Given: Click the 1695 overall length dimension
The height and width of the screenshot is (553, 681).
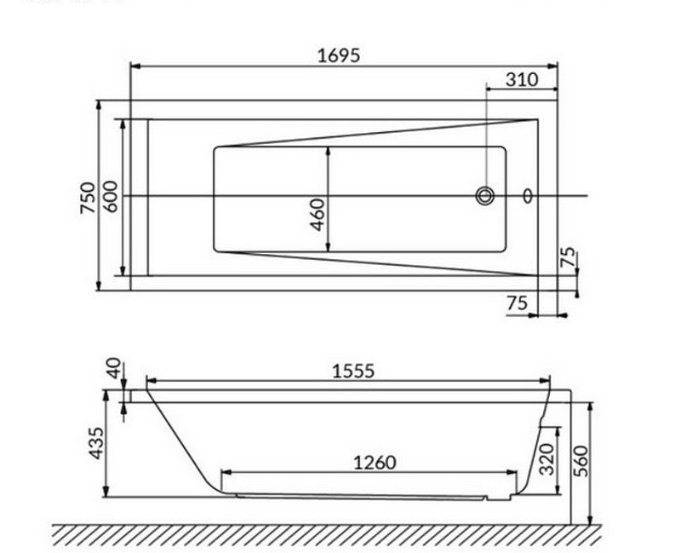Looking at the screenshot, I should (339, 55).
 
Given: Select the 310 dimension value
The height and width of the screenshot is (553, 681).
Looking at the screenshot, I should (521, 80).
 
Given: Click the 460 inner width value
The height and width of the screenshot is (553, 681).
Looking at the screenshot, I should (316, 216).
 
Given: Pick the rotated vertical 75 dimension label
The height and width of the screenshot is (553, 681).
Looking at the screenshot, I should (569, 259).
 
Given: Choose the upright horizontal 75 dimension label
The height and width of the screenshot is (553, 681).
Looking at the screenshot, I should (518, 303).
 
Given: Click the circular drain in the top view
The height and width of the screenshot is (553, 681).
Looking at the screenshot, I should (484, 196).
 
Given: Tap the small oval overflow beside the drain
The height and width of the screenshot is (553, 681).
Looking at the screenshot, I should (528, 196).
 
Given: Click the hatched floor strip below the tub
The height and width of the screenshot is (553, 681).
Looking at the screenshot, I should (323, 535).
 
